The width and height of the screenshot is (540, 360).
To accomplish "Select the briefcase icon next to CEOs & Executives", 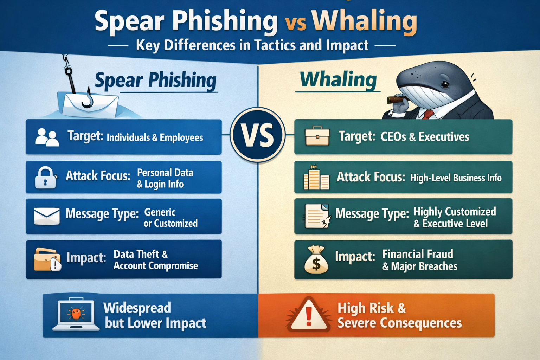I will pos(317,136).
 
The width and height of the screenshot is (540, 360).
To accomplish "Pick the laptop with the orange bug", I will pos(76,315).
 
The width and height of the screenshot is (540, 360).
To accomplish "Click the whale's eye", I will pos(445,84).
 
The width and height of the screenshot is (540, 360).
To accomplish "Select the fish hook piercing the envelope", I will pos(87,100).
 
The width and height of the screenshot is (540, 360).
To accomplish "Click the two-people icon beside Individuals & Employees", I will pos(47,137).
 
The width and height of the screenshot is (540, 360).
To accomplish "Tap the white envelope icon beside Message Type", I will pos(47,216).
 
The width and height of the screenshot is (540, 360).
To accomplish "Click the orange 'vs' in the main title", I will pos(295,23).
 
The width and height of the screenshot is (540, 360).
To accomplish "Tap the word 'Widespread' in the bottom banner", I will pos(137,308).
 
